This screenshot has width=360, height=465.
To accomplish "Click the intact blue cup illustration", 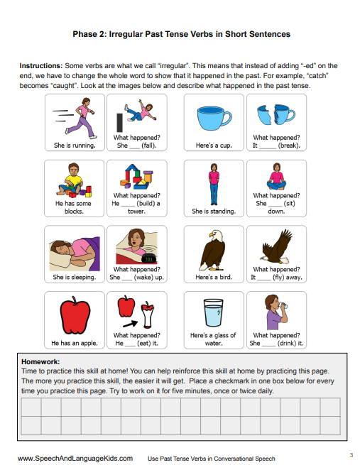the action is (214, 118).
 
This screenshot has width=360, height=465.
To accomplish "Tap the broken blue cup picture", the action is (276, 114).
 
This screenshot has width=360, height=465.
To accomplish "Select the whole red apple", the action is (75, 315).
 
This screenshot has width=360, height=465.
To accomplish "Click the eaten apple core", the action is (147, 315).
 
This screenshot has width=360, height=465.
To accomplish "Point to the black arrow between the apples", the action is (130, 324).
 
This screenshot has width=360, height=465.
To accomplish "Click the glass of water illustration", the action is (213, 312).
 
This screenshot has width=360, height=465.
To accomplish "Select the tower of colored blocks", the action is (136, 177).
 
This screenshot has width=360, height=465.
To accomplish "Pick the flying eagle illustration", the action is (276, 247).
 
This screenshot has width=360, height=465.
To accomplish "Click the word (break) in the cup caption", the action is (289, 146).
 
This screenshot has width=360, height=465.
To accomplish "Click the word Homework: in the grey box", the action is (40, 362).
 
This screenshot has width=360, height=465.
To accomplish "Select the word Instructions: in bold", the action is (41, 66).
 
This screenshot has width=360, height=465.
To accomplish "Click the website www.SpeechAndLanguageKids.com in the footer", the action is (75, 459).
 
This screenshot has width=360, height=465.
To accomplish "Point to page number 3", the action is (351, 455).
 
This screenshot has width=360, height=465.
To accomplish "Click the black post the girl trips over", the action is (119, 123).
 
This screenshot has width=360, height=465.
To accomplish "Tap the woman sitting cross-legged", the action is (276, 177).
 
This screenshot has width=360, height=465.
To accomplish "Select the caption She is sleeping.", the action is (75, 278).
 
